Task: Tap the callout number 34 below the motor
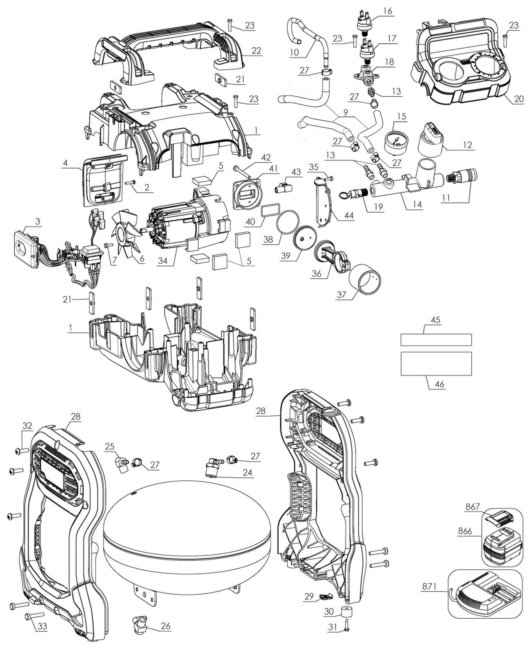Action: point(163,261)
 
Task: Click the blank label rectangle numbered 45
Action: point(436,340)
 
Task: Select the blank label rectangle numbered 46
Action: point(436,363)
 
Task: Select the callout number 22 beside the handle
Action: point(256,50)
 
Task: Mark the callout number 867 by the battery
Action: point(472,507)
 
